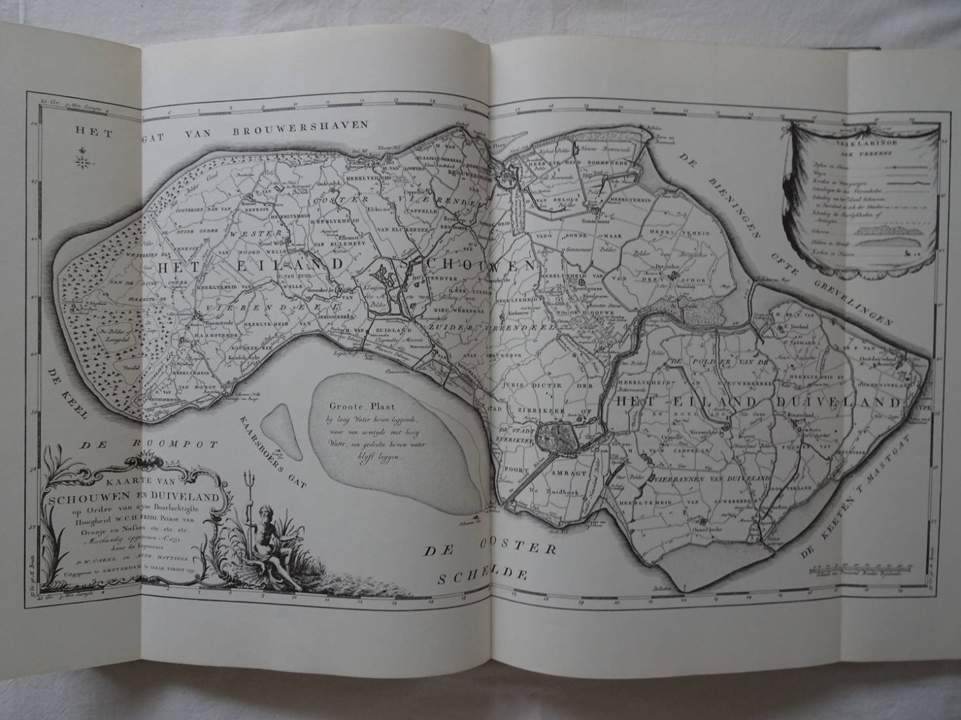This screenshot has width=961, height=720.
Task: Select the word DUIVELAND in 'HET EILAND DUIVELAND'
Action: pos(843,402)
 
